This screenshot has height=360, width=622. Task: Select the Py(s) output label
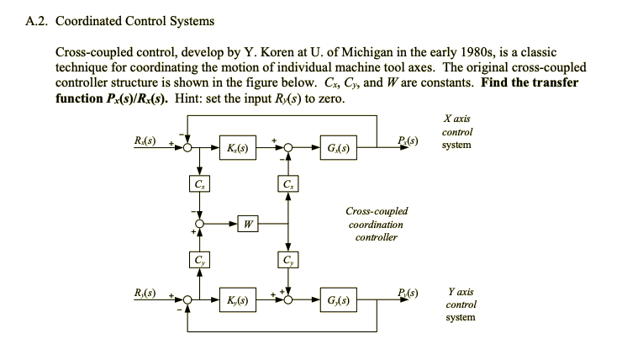pos(409,292)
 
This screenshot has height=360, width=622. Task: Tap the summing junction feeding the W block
pos(198,224)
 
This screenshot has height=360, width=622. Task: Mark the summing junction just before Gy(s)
pos(288,300)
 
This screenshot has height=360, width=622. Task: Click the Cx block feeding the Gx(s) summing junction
pos(288,184)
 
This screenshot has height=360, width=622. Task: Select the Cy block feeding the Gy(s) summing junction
pos(288,260)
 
